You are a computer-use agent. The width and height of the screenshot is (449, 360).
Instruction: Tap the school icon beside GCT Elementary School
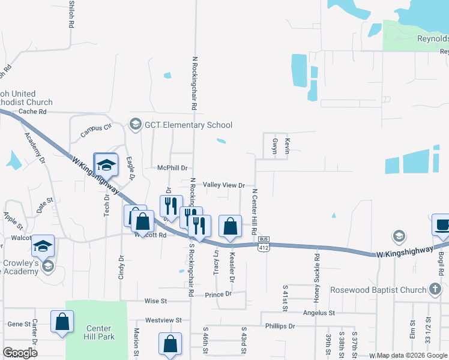(134, 125)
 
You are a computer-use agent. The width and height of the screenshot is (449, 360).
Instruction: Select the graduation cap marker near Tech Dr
(106, 165)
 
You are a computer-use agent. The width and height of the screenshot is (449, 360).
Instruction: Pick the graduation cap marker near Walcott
(43, 245)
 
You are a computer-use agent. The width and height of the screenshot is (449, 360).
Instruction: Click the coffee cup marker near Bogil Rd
(442, 224)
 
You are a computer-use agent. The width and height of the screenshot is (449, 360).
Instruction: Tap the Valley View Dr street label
(224, 185)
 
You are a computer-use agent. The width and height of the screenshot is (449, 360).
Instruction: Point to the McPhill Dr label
(173, 169)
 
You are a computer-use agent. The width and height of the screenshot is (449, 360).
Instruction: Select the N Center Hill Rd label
(255, 211)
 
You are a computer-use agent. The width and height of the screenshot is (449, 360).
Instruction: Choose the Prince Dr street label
(218, 295)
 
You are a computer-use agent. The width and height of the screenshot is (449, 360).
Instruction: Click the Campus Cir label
(97, 128)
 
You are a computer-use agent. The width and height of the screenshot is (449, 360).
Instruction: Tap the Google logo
(20, 353)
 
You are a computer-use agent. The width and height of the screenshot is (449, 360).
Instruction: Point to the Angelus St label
(318, 313)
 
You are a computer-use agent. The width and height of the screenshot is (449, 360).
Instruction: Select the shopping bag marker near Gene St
(62, 321)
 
